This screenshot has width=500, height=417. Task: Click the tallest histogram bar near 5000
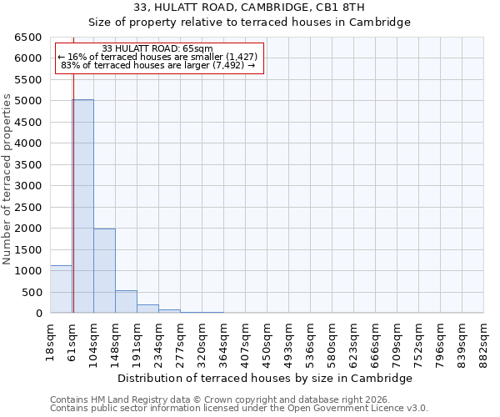click(x=82, y=206)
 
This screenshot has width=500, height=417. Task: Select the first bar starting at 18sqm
click(x=61, y=289)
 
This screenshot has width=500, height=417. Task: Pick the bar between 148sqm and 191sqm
click(x=126, y=302)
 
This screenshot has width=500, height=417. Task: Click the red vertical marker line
click(x=73, y=175)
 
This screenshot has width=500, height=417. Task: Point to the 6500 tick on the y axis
click(x=28, y=38)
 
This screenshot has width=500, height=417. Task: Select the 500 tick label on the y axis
click(x=32, y=292)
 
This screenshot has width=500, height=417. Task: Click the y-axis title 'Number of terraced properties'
click(x=7, y=179)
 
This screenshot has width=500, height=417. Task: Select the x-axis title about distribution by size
click(x=264, y=378)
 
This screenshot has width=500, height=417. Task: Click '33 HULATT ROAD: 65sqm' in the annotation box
click(x=157, y=49)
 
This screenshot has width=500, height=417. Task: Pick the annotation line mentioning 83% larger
click(x=157, y=66)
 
